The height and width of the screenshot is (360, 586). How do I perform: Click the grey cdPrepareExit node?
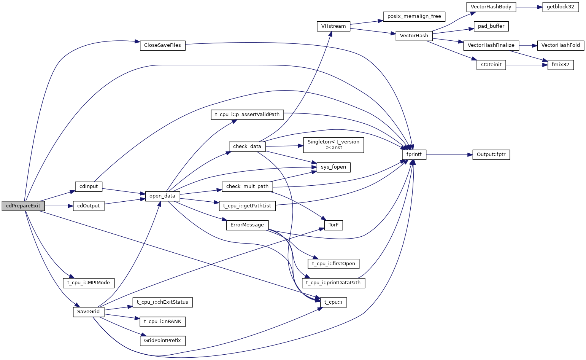coord(23,206)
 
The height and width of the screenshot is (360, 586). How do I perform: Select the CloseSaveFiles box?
coord(162,45)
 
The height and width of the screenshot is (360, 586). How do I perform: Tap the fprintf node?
coord(414,155)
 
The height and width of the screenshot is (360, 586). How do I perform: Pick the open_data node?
coord(162,196)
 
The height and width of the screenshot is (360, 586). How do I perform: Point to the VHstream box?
coord(333,26)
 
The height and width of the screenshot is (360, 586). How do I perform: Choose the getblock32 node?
coord(561,7)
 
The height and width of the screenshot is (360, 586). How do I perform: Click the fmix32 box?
coord(561,65)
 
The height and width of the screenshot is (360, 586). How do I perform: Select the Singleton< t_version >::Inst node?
coord(333,145)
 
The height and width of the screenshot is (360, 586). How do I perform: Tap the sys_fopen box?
coord(333,167)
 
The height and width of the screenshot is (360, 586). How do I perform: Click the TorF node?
coord(333,225)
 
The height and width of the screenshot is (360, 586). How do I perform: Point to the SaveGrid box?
coord(89,312)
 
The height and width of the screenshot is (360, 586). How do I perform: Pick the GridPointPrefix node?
coord(162,340)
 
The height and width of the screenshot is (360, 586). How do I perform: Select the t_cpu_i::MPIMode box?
coord(89,283)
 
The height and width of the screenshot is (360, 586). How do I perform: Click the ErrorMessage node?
coord(247,225)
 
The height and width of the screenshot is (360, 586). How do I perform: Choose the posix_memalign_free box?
coord(414,17)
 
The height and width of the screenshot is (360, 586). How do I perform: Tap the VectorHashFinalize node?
coord(491,45)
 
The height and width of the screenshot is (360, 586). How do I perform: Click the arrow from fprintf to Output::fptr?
coord(449,155)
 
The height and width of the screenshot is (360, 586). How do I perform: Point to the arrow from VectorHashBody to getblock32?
coord(529,7)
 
